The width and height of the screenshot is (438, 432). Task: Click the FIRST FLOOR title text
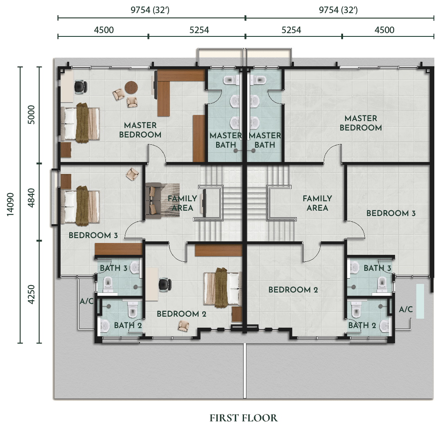click(x=244, y=418)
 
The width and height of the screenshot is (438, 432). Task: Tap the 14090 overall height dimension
click(x=10, y=204)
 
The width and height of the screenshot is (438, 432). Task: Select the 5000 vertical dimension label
click(x=31, y=115)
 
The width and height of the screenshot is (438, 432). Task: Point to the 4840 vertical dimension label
click(x=31, y=198)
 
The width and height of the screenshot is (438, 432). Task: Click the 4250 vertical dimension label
click(x=31, y=294)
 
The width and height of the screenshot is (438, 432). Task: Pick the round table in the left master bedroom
click(x=131, y=88)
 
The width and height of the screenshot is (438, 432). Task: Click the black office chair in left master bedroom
click(x=81, y=87)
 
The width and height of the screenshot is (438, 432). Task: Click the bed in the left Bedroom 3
click(x=80, y=205)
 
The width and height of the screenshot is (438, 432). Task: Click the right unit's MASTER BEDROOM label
click(x=361, y=123)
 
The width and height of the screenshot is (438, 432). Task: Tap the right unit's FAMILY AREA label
click(x=317, y=203)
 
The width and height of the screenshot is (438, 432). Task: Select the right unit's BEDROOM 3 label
click(x=391, y=213)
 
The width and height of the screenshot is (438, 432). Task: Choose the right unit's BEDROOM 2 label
click(x=293, y=290)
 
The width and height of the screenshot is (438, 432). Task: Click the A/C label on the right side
click(x=406, y=309)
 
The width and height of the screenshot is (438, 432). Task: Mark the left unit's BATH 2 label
click(x=128, y=325)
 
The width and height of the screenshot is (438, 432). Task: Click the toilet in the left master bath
click(x=230, y=80)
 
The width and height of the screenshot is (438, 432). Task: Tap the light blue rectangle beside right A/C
click(x=420, y=301)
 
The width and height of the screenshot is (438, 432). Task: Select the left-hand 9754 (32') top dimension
click(x=150, y=10)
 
